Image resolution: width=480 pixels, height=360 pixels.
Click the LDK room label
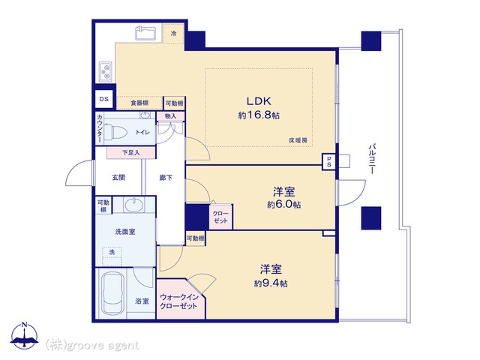(x=259, y=101)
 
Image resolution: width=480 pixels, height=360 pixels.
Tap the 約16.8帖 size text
(x=259, y=115)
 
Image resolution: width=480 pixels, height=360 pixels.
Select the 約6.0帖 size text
(x=283, y=205)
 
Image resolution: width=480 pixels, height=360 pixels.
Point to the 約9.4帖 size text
(x=271, y=283)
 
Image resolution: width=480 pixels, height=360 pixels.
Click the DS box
(x=104, y=99)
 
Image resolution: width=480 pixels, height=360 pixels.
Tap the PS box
(x=329, y=162)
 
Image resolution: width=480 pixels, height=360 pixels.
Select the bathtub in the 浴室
(x=113, y=293)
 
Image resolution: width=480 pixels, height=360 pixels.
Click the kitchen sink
(x=145, y=33)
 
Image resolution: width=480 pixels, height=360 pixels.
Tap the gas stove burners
(x=106, y=72)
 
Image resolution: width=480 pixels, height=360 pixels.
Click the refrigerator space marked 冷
(x=173, y=33)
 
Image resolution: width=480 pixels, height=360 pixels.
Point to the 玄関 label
(x=118, y=177)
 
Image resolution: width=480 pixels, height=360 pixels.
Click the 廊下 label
(x=166, y=177)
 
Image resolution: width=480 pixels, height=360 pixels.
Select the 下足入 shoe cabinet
(x=131, y=152)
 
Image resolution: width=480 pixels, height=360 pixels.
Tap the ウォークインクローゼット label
(x=179, y=301)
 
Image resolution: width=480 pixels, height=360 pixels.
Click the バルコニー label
(x=372, y=159)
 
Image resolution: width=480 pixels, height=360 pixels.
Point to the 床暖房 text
(x=298, y=140)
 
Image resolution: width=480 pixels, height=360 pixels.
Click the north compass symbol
(x=25, y=335)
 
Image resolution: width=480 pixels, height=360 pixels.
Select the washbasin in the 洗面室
(x=134, y=204)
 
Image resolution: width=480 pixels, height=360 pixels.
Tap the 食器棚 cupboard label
(x=139, y=103)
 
